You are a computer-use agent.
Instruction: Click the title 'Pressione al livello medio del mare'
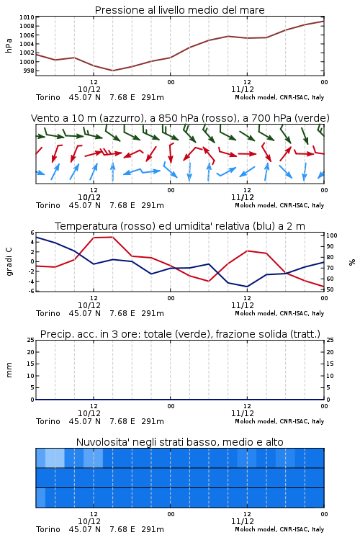pyautogui.click(x=179, y=10)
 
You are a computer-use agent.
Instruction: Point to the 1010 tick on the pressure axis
pyautogui.click(x=27, y=17)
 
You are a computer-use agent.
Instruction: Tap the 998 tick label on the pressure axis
pyautogui.click(x=29, y=71)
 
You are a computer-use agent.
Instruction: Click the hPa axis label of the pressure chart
pyautogui.click(x=9, y=45)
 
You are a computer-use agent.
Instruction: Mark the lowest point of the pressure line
pyautogui.click(x=112, y=71)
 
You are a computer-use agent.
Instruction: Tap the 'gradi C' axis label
pyautogui.click(x=9, y=262)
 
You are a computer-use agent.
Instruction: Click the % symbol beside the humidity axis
pyautogui.click(x=352, y=262)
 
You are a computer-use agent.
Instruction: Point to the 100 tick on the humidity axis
pyautogui.click(x=332, y=235)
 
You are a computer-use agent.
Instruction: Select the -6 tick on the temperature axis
pyautogui.click(x=31, y=291)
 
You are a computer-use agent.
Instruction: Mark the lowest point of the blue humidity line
pyautogui.click(x=247, y=287)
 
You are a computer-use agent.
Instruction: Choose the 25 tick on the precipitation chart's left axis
pyautogui.click(x=31, y=340)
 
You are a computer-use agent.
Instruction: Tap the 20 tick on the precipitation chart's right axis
pyautogui.click(x=330, y=352)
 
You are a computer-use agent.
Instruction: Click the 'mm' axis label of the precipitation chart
pyautogui.click(x=9, y=370)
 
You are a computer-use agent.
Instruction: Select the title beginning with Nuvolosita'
pyautogui.click(x=179, y=442)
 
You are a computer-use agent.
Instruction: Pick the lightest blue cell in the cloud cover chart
pyautogui.click(x=55, y=458)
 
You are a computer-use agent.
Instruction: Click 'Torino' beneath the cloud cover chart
pyautogui.click(x=48, y=529)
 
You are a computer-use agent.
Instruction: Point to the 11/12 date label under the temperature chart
pyautogui.click(x=243, y=305)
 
